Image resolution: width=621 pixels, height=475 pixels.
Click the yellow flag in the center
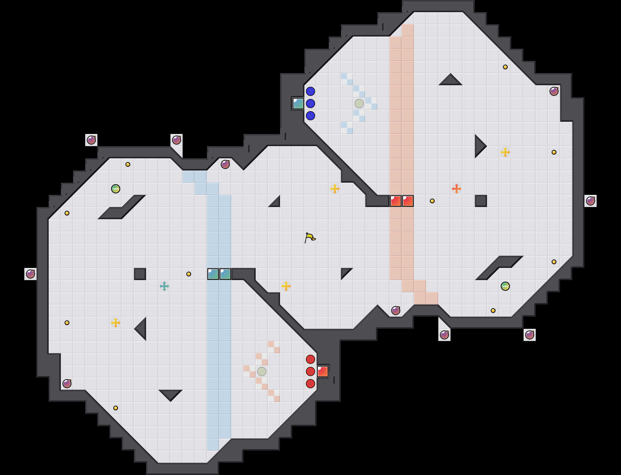[x=310, y=237]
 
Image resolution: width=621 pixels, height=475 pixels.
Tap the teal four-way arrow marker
[x=164, y=286]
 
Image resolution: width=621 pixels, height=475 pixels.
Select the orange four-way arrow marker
[x=457, y=189]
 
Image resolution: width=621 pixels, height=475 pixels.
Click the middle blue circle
[x=310, y=104]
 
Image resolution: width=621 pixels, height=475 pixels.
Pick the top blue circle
[x=310, y=91]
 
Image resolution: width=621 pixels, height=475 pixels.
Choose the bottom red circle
[x=310, y=384]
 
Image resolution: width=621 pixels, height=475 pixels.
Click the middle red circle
[x=310, y=371]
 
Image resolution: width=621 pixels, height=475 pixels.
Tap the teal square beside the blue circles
[x=298, y=104]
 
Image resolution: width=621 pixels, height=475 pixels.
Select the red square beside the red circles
[x=323, y=371]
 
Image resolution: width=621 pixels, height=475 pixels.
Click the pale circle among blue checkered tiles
[x=359, y=104]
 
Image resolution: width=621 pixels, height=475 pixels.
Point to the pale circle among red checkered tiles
[x=262, y=371]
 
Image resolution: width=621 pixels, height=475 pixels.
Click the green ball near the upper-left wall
[x=116, y=189]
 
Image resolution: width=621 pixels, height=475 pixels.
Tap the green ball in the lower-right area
[x=505, y=286]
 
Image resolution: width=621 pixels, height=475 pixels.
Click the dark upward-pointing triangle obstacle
[x=451, y=81]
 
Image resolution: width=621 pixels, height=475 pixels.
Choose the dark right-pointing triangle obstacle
[x=479, y=146]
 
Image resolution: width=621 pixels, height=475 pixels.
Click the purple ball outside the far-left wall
[x=30, y=274]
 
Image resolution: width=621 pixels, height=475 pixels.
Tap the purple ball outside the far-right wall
[x=591, y=201]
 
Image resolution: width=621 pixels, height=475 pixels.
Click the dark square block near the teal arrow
[x=140, y=274]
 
